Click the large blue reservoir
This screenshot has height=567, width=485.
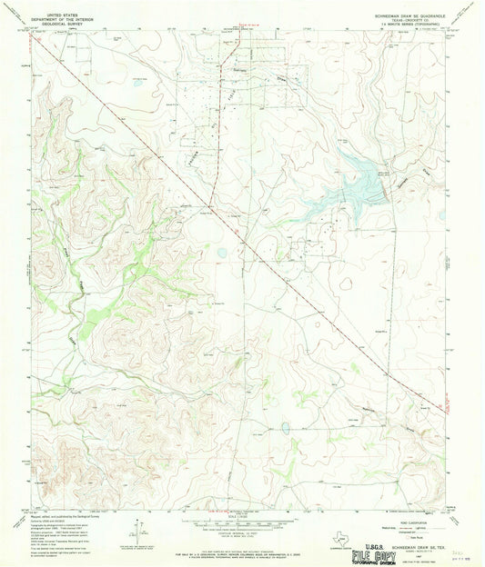point(364,186)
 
